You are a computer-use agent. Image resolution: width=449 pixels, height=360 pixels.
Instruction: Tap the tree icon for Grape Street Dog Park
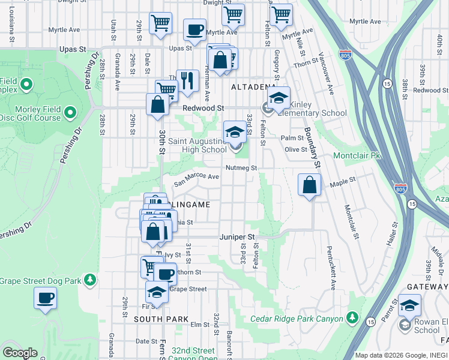coord(90,280)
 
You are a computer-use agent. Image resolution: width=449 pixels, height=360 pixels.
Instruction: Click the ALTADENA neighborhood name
coord(253,87)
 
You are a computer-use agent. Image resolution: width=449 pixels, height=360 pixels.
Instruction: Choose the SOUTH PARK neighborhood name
coord(161,319)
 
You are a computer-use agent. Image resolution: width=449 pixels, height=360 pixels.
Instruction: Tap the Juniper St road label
coord(238,237)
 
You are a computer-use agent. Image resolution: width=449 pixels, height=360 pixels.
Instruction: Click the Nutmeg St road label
coord(241,168)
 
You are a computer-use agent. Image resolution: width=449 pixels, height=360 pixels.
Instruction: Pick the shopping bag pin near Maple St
coord(309,185)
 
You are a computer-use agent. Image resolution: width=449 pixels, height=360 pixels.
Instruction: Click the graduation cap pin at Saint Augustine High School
coord(235,132)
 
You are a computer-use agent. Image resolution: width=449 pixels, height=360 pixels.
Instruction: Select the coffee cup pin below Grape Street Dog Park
coord(45,298)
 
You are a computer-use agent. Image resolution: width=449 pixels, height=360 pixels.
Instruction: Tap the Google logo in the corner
coord(20,353)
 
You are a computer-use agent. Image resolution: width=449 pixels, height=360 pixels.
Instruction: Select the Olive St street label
coord(295,149)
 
